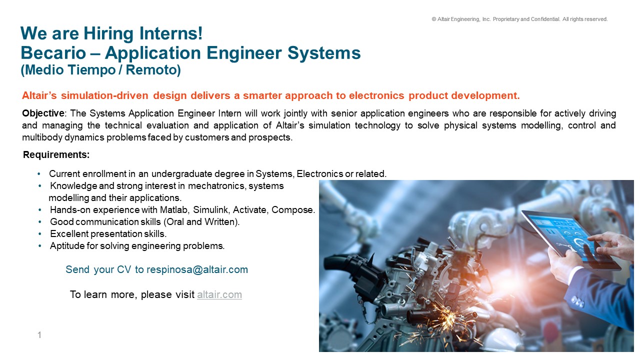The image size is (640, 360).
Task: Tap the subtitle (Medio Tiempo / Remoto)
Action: pyautogui.click(x=100, y=70)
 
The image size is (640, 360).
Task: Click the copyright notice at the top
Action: pyautogui.click(x=519, y=19)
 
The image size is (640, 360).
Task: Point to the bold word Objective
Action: pyautogui.click(x=43, y=113)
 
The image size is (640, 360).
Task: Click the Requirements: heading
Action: pyautogui.click(x=56, y=155)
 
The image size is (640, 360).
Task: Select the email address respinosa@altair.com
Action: pyautogui.click(x=197, y=269)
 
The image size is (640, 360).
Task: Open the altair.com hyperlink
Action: pyautogui.click(x=219, y=294)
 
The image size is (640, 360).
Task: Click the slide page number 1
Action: pyautogui.click(x=39, y=335)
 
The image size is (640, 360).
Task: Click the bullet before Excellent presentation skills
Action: pyautogui.click(x=40, y=233)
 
